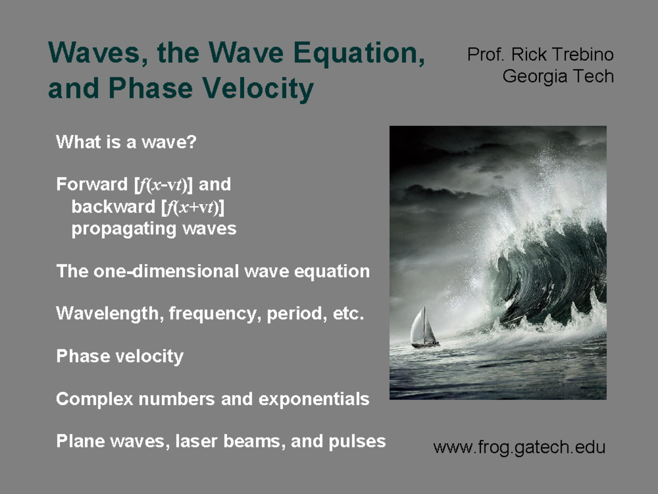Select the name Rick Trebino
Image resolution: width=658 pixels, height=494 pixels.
(562, 55)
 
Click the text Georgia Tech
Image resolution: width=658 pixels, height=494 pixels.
(558, 76)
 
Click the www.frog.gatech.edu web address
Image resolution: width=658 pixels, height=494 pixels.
(519, 447)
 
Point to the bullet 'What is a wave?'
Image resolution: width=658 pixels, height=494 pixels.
(126, 143)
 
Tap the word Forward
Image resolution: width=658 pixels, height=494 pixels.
(92, 185)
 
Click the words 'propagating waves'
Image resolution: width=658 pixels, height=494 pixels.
(154, 228)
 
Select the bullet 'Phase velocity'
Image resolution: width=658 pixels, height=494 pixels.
(120, 357)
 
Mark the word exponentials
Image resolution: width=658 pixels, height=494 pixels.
(314, 399)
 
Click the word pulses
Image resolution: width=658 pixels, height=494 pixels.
(359, 441)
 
